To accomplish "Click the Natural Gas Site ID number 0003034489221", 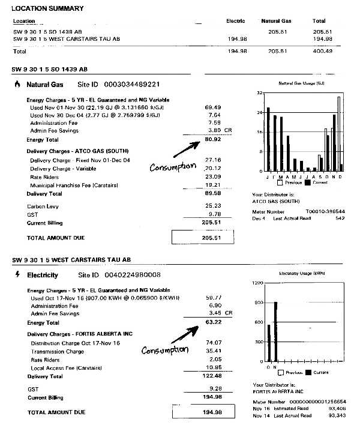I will [x=133, y=85].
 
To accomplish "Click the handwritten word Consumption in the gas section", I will [x=173, y=167].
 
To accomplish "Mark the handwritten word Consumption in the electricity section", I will [x=164, y=349].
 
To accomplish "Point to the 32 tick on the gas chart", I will [x=259, y=93].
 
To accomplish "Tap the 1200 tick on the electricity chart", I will [x=256, y=282].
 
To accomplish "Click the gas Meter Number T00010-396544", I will [x=325, y=211].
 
